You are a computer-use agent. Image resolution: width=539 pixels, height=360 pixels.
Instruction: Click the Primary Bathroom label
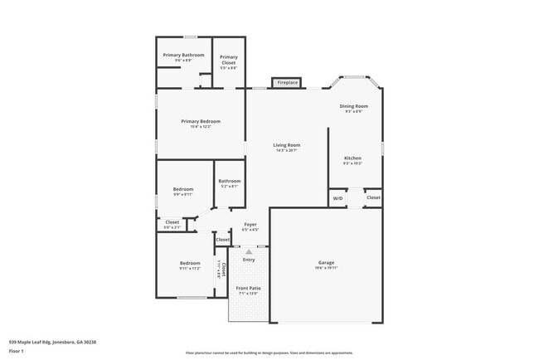(183, 55)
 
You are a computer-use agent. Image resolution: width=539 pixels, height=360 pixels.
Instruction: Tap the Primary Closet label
(229, 58)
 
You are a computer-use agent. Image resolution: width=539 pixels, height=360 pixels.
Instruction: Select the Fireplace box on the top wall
(287, 83)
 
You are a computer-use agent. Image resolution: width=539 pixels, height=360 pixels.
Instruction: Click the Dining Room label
(354, 106)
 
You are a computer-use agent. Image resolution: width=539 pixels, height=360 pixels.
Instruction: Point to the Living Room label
(287, 145)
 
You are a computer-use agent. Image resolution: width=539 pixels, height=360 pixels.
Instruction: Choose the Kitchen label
(353, 158)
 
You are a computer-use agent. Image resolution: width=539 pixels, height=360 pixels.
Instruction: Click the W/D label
(337, 198)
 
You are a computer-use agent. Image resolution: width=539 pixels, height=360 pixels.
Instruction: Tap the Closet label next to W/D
(373, 197)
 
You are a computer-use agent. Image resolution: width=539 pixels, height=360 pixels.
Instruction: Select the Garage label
(326, 262)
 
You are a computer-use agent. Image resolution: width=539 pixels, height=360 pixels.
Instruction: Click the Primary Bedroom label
(201, 121)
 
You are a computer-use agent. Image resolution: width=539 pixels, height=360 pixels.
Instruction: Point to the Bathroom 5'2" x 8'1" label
(230, 181)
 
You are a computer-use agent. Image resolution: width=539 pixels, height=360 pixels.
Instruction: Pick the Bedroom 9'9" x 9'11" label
(183, 189)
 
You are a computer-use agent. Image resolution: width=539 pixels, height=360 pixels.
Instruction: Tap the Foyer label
(250, 224)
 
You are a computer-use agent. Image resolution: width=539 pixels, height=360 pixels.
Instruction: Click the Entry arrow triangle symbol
(249, 250)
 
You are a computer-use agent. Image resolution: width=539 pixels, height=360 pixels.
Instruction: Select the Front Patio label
(249, 288)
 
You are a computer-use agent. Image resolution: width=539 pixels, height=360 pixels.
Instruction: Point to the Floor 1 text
(17, 351)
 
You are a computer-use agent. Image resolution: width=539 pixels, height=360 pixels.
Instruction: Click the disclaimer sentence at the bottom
(269, 352)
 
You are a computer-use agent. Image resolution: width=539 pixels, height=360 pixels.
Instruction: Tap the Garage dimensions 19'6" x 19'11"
(326, 268)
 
